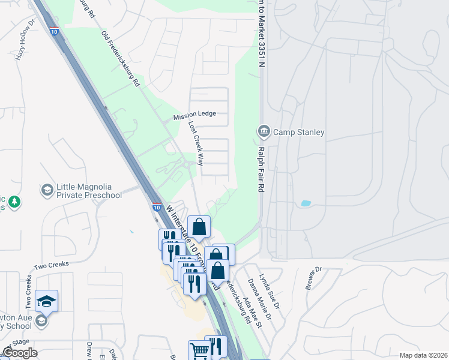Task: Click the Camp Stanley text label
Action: pyautogui.click(x=298, y=132)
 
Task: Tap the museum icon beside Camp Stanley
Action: pyautogui.click(x=264, y=131)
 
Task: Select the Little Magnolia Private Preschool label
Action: pyautogui.click(x=89, y=191)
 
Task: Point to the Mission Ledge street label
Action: pyautogui.click(x=194, y=114)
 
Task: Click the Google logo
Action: pyautogui.click(x=19, y=353)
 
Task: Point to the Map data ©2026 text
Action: pyautogui.click(x=423, y=355)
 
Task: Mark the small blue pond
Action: pyautogui.click(x=306, y=203)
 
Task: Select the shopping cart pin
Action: pyautogui.click(x=199, y=349)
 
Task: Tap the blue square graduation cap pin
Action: pyautogui.click(x=46, y=299)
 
